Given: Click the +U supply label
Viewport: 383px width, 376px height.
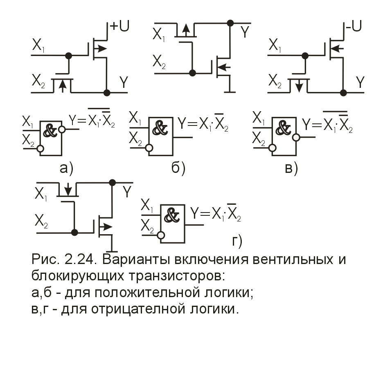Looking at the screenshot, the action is tap(119, 26).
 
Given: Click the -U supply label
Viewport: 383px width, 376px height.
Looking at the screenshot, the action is tap(354, 26).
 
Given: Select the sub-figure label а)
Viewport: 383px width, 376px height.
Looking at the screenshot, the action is tap(66, 168).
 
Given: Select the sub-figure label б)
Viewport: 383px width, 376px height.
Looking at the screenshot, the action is tap(178, 168).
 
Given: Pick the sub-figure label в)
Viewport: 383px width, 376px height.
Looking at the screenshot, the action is tap(291, 168).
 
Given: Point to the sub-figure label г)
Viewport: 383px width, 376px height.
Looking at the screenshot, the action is tap(237, 241).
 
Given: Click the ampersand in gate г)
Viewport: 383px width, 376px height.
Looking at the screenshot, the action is tap(172, 215).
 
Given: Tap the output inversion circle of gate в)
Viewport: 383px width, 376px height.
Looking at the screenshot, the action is tap(296, 137).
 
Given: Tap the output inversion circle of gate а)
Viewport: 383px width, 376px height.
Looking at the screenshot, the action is tap(62, 129).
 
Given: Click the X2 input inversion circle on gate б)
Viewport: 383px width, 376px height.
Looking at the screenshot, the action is tap(149, 148).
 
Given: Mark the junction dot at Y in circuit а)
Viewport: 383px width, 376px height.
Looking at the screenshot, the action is tap(107, 93).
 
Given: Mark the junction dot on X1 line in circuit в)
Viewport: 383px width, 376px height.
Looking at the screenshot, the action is tap(305, 56).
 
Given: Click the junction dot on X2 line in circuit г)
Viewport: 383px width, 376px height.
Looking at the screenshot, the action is tap(74, 233).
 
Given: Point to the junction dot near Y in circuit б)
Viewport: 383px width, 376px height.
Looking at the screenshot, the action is tap(230, 23).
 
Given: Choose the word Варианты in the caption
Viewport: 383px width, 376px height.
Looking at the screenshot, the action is tap(136, 259).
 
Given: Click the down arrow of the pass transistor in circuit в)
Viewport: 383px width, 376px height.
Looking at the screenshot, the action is tap(299, 86).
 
